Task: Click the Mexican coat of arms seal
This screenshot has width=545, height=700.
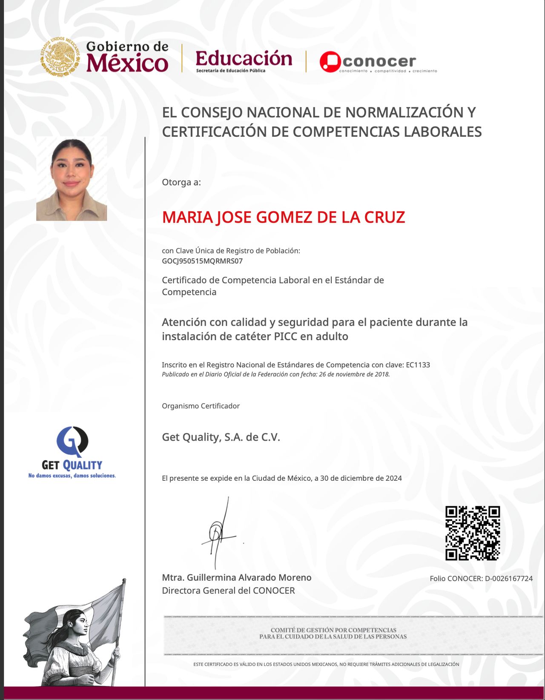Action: [x=60, y=57]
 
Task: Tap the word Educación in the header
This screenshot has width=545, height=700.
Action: [x=244, y=58]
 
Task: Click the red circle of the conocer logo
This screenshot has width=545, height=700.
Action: [x=330, y=62]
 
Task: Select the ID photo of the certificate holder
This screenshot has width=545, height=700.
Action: [x=72, y=179]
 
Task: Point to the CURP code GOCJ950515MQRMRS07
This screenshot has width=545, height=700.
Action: [x=202, y=261]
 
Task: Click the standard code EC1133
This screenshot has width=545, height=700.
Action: [x=418, y=365]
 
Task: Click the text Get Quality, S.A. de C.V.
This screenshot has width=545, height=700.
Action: [x=221, y=437]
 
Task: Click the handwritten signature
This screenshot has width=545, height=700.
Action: [x=218, y=532]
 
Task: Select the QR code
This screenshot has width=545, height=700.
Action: [x=472, y=533]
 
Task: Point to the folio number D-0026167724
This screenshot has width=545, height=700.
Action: [x=508, y=579]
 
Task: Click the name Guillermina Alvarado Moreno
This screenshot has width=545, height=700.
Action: [x=249, y=578]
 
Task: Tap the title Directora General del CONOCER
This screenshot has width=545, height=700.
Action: [x=228, y=591]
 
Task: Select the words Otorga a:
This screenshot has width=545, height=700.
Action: [x=181, y=182]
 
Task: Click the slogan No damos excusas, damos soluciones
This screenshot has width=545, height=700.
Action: [x=72, y=476]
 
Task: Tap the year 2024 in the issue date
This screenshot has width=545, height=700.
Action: [x=393, y=478]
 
